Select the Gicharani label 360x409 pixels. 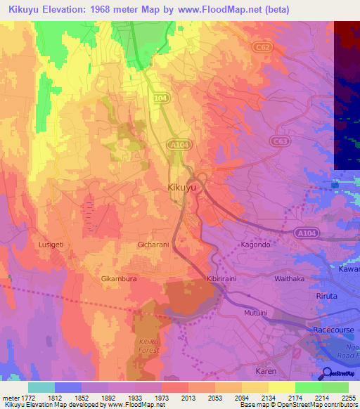coord(153,245)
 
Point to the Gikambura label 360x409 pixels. coord(118,279)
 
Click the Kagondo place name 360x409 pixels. coord(255,245)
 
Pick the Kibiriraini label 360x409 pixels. coord(224,279)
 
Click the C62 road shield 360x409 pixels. coord(262,46)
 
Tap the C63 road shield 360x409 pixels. coord(281,141)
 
